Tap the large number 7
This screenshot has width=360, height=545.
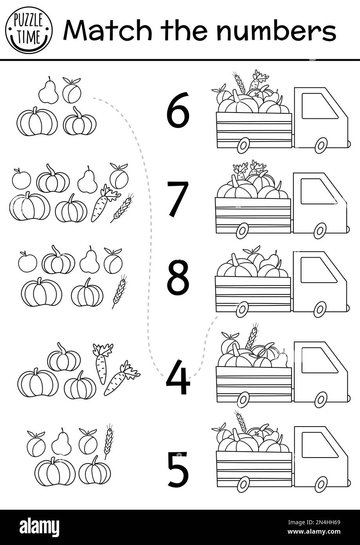point(178,198)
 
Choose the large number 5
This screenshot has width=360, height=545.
point(178,470)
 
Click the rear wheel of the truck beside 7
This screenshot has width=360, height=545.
point(242,231)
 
